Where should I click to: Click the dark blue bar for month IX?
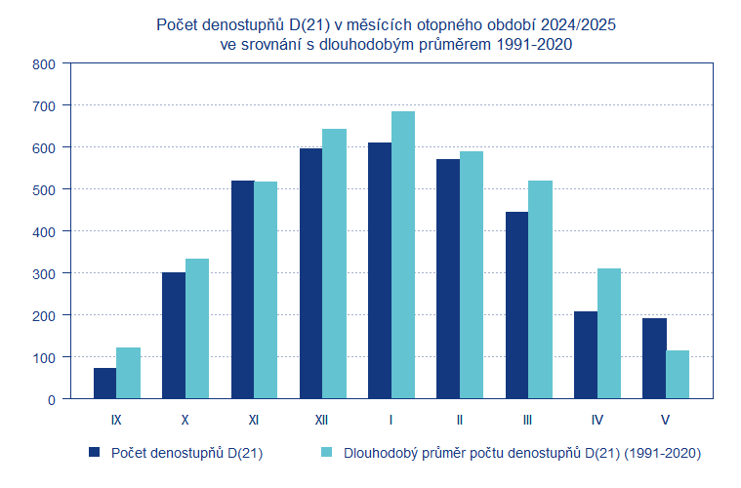tap(104, 383)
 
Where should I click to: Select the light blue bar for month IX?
tap(128, 373)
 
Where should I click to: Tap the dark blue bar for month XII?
tap(310, 273)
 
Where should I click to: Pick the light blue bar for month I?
tap(403, 255)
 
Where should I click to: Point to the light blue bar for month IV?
tap(608, 334)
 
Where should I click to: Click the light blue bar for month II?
tap(472, 274)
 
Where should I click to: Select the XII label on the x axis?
tap(322, 420)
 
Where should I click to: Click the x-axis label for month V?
tap(665, 420)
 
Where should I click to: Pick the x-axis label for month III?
tap(527, 420)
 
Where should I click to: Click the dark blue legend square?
tap(95, 453)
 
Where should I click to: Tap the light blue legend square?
tap(327, 453)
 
